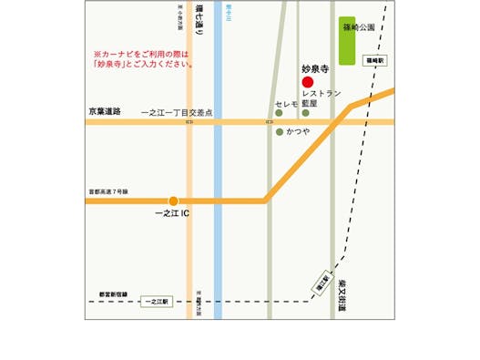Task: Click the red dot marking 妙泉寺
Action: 307,82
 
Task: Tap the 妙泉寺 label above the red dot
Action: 313,68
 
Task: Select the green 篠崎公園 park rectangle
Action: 347,39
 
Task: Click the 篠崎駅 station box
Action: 375,60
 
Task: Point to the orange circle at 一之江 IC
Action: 173,201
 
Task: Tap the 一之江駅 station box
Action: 157,301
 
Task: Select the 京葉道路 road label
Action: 105,110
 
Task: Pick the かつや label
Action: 299,132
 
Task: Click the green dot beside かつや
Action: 279,132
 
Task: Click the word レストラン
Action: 321,93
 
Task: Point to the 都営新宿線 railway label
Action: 114,294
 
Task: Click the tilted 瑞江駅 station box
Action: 322,281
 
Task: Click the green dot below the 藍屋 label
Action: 307,114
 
